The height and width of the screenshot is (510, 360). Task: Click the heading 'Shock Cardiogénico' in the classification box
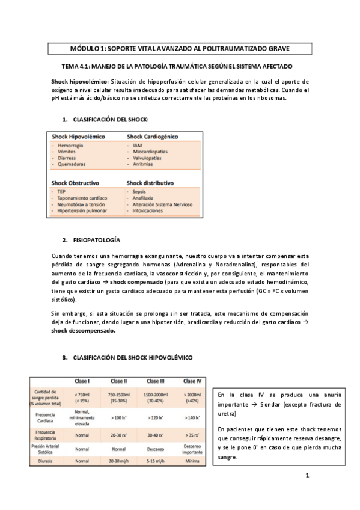pos(151,137)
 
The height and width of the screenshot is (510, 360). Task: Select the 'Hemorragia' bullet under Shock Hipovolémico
pos(71,146)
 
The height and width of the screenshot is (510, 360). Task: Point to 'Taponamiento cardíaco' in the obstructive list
pos(82,198)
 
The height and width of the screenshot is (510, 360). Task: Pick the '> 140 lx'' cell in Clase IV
pos(192,415)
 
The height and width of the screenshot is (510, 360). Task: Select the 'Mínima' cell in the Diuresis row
pos(192,461)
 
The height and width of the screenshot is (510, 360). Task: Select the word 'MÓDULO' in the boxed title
pos(88,49)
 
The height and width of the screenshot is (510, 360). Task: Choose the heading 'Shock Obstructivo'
pos(75,182)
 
